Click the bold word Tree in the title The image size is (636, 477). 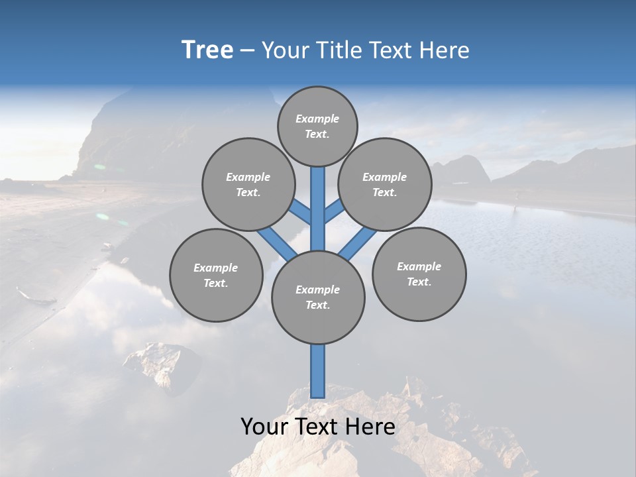pos(207,50)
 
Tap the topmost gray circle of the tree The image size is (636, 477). pos(317,126)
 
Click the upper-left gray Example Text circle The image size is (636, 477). pos(248,184)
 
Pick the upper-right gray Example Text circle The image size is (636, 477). pos(384,184)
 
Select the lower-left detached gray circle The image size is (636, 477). pos(216,275)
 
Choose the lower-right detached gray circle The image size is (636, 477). pos(419,274)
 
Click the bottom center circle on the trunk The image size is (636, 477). pos(318,297)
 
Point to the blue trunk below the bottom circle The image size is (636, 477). pos(318,371)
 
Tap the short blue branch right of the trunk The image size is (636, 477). pos(333,211)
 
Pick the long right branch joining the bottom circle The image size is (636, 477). pos(358,244)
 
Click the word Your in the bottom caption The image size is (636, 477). pos(264,427)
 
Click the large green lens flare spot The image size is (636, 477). pos(102,216)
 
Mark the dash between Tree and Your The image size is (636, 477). pos(248,51)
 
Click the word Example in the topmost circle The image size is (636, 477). pos(317,119)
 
